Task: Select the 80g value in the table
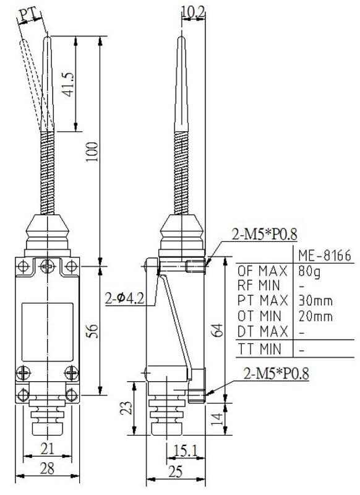click(x=306, y=271)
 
